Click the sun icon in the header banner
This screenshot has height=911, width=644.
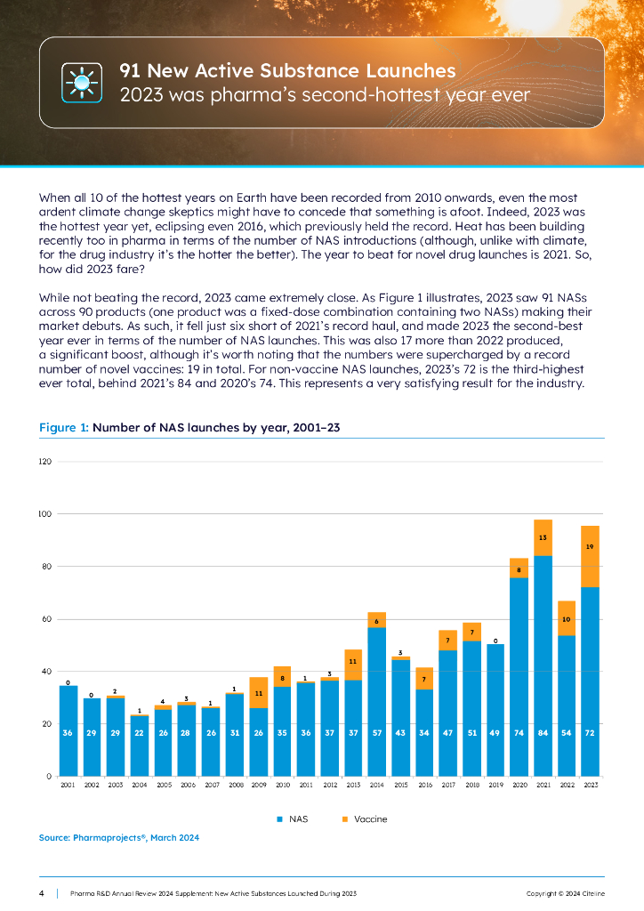click(x=82, y=83)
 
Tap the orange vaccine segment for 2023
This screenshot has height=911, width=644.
click(x=591, y=556)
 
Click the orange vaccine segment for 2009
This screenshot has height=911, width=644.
click(x=259, y=692)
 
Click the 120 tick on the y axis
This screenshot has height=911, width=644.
click(x=44, y=462)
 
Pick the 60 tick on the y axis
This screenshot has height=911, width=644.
click(x=45, y=619)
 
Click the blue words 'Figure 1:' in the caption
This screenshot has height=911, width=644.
click(x=64, y=428)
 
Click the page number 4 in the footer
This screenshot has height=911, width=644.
click(x=42, y=891)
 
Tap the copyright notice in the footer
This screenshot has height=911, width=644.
click(x=565, y=891)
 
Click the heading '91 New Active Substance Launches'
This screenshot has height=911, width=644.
click(x=288, y=70)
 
